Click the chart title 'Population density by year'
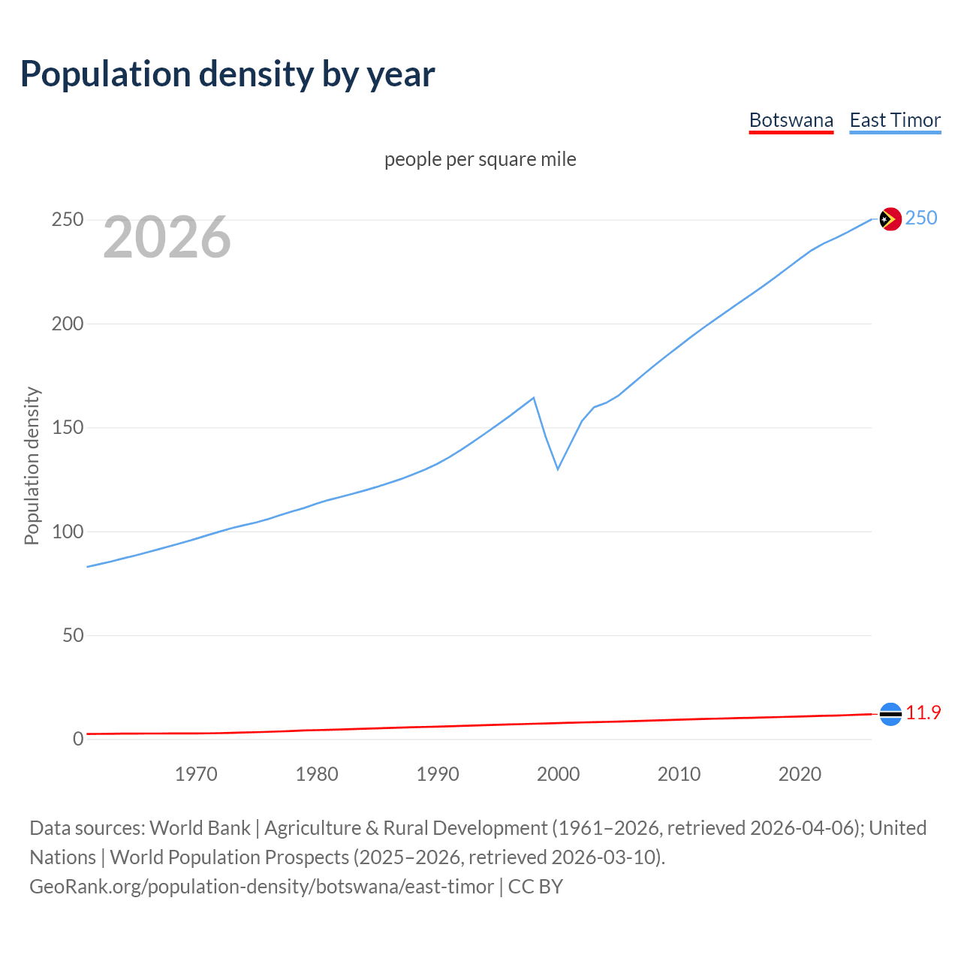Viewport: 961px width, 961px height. coord(227,74)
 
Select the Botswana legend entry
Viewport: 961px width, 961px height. coord(791,120)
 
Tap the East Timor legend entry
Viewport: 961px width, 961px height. coord(895,120)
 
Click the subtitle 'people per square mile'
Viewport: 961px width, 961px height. coord(480,159)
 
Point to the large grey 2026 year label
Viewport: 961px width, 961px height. coord(167,237)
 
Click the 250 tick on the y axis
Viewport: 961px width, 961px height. coord(67,220)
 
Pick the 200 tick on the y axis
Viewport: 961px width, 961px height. coord(67,324)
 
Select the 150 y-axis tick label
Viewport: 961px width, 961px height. coord(67,428)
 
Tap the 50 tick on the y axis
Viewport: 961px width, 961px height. coord(73,635)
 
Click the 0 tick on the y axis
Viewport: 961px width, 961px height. coord(78,739)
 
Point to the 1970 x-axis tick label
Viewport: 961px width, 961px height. coord(196,774)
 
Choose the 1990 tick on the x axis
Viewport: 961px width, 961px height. coord(438,774)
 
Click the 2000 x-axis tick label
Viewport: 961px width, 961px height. coord(558,774)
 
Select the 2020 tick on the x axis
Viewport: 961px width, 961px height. coord(800,774)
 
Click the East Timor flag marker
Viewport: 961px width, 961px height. coord(890,218)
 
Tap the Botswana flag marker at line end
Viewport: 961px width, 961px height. coord(890,714)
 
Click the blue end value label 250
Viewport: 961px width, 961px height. coord(921,218)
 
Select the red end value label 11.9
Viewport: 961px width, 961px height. coord(923,712)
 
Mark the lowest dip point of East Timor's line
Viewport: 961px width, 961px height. coord(558,469)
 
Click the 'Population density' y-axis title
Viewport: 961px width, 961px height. coord(32,465)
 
